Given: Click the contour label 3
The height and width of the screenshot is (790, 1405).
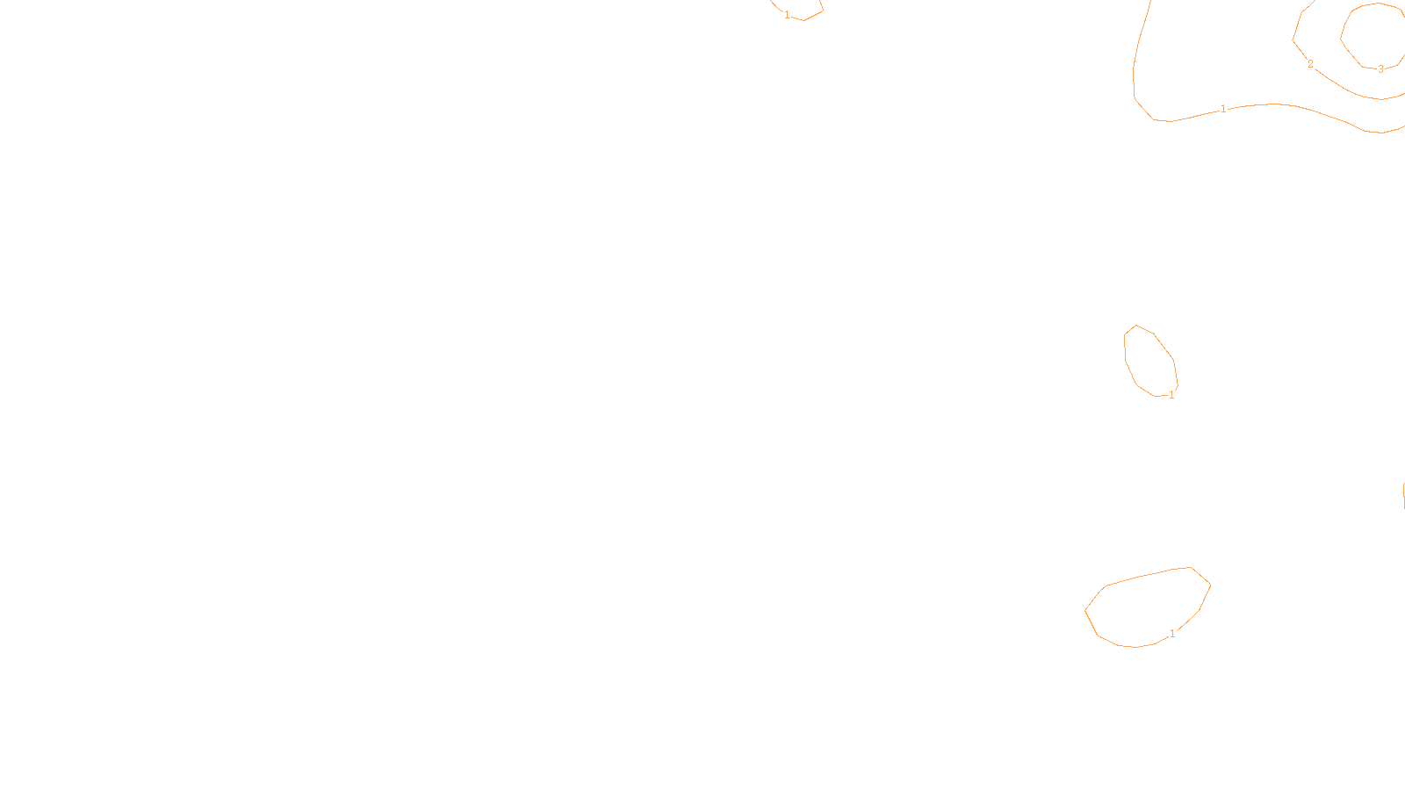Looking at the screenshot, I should (1380, 69).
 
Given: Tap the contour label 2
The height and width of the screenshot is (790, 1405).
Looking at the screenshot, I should (1310, 64).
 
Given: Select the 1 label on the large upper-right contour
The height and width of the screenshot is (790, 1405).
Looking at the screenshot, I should (1223, 109).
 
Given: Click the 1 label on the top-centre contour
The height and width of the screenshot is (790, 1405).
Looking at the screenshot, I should (787, 15).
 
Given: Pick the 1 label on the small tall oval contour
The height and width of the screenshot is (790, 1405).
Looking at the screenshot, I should (1171, 395).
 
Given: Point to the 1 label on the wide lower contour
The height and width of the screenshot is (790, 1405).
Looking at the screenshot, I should (1172, 634).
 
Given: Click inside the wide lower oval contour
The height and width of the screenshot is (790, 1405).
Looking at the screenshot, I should (1146, 607).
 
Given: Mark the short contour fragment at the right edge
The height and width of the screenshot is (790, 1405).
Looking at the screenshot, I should (1403, 493).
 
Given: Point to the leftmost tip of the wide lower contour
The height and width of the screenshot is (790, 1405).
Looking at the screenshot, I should (1085, 610).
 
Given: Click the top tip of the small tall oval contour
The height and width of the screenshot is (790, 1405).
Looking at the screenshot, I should (1137, 325).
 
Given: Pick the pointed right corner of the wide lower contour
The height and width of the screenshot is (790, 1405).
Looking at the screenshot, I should (1211, 584).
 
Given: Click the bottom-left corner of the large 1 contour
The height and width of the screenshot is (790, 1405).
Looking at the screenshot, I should (1153, 119).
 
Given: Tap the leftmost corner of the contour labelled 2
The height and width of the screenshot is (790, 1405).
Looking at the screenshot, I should (1293, 39).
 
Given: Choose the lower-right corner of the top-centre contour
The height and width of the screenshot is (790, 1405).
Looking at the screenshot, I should (823, 11).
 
